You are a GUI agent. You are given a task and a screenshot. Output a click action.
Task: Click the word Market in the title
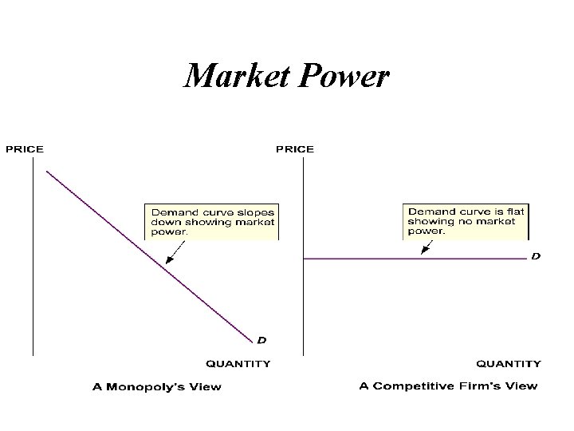point(234,77)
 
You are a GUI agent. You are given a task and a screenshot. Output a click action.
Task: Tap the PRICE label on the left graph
point(25,148)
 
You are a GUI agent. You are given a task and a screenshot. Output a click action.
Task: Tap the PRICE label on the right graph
point(295,148)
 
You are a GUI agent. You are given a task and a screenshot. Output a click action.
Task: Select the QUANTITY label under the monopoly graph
point(238,364)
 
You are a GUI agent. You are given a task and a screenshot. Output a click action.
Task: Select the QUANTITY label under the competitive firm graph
point(509,364)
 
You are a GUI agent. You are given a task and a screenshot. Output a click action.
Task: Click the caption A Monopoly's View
point(157,387)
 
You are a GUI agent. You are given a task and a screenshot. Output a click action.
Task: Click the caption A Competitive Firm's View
point(448,386)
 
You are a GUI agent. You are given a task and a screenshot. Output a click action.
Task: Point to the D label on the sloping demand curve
point(261,340)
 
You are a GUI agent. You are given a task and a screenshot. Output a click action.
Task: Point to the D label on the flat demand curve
point(536,256)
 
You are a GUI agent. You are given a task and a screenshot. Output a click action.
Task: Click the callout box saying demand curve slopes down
point(212,222)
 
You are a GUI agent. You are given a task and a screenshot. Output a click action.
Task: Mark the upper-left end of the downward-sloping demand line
point(47,171)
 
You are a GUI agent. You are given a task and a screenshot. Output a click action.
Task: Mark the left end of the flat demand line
point(305,259)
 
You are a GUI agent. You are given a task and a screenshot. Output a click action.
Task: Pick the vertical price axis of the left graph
point(33,255)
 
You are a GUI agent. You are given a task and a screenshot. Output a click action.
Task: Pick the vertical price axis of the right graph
point(303,255)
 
